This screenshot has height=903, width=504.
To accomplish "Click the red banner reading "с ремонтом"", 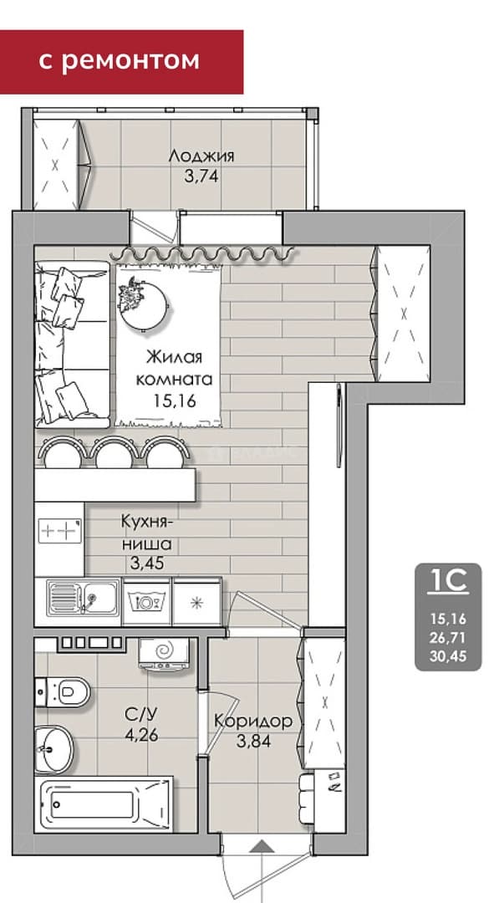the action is point(121,62).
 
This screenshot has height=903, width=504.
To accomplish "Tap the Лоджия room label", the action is point(201,156).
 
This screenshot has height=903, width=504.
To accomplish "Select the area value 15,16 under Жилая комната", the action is point(175,400).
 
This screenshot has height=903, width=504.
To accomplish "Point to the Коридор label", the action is point(253,721).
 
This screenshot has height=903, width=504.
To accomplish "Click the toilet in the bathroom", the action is point(62,691).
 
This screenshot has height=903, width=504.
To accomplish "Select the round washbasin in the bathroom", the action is point(53,748).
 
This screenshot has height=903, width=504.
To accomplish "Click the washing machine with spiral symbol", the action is point(164,654).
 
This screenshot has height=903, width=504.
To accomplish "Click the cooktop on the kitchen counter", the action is point(59,531).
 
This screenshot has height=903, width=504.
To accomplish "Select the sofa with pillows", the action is point(73,344).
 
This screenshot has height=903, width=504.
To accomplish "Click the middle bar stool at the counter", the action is point(114,452).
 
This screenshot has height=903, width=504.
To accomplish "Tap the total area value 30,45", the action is point(447,656).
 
